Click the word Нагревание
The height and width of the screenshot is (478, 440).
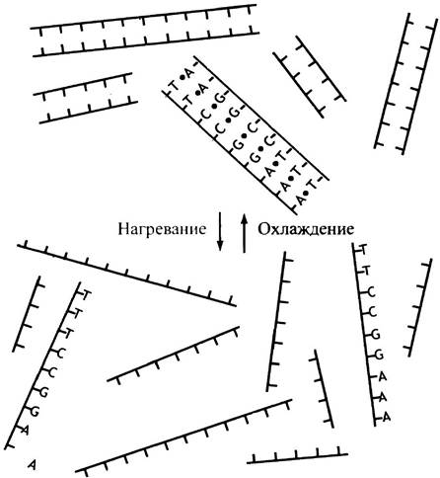click(162, 229)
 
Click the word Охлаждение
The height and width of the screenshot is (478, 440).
click(306, 229)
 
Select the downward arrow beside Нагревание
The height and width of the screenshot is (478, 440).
click(220, 232)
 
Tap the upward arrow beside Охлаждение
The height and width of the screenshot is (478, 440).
click(244, 233)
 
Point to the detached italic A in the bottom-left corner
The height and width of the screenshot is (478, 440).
click(32, 464)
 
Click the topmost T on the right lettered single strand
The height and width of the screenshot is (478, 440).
click(363, 249)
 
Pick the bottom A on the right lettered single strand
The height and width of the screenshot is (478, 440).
click(387, 417)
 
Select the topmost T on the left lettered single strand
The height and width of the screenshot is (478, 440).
click(86, 295)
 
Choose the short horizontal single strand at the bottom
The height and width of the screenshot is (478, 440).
click(297, 456)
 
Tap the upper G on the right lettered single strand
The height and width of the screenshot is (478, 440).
click(376, 335)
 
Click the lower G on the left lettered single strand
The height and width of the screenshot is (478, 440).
click(35, 412)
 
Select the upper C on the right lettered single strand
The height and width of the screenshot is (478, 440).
click(371, 291)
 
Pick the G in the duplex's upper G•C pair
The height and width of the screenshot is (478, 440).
click(238, 144)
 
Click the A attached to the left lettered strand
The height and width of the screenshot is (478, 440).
click(25, 430)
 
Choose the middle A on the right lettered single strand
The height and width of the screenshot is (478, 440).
click(383, 397)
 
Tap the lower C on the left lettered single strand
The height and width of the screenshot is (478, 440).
click(52, 372)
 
